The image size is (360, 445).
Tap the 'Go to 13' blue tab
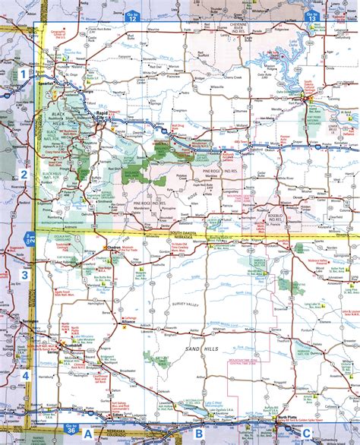(x=311, y=15)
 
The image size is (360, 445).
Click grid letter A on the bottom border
(x=88, y=434)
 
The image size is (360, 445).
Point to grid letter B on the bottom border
(x=198, y=434)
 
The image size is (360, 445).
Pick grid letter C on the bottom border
(x=306, y=434)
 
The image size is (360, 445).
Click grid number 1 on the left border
(x=24, y=74)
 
